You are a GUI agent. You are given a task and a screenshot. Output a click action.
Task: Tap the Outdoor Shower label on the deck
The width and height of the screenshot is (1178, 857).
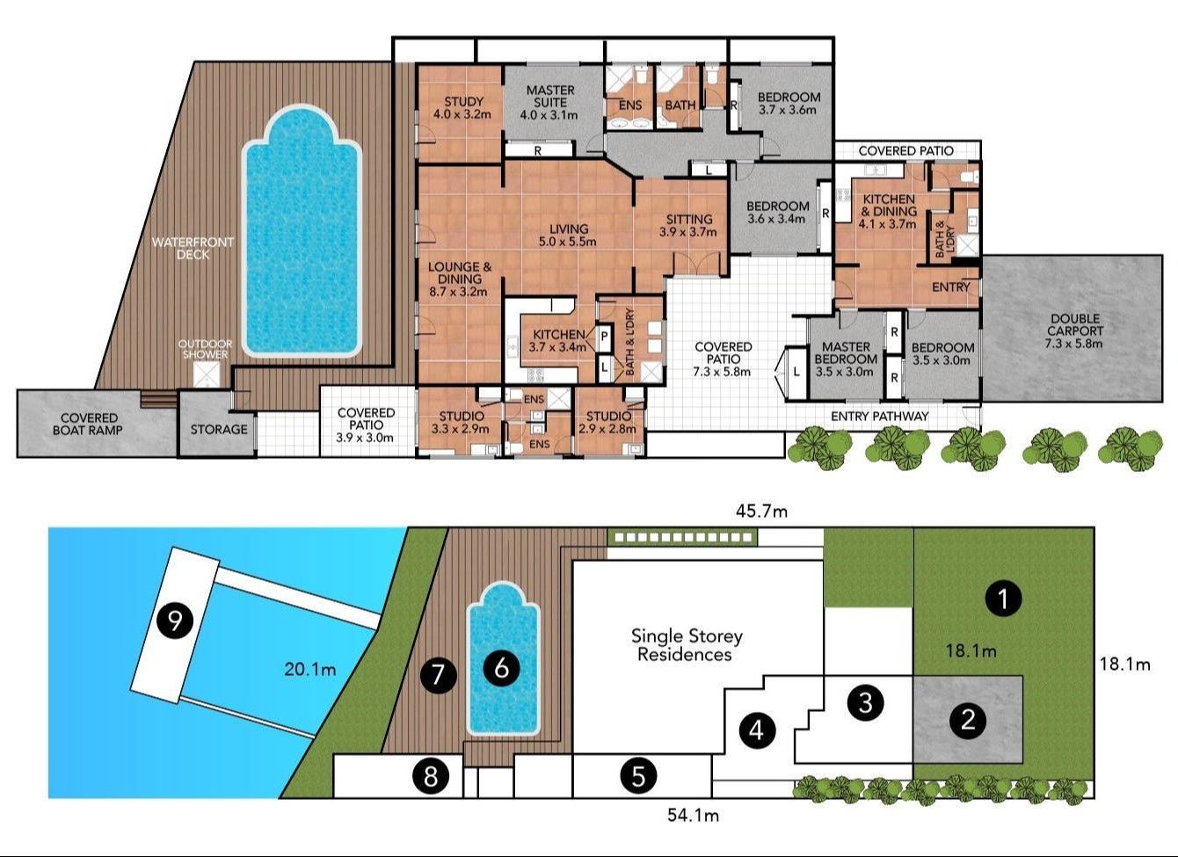click(x=205, y=349)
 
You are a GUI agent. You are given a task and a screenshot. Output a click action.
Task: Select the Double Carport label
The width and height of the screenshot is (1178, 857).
click(x=1074, y=330)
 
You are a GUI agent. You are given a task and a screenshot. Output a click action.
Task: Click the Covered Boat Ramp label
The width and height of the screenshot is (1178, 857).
click(x=88, y=424)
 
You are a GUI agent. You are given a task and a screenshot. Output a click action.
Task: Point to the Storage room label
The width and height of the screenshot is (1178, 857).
click(x=219, y=430)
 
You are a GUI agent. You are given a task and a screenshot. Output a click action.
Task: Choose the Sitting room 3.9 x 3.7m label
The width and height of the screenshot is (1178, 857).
click(x=688, y=226)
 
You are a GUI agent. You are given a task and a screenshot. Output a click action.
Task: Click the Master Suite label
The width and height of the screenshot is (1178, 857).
click(x=550, y=103)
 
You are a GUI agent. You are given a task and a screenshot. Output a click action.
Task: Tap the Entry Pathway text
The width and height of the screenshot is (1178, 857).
click(x=879, y=417)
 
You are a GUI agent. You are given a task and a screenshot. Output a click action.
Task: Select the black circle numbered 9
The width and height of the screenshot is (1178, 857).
click(x=175, y=621)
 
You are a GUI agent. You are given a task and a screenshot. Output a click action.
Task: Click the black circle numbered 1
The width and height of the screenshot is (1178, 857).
click(x=1003, y=598)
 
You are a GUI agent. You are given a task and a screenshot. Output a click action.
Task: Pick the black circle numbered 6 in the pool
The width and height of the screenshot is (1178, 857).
click(x=502, y=668)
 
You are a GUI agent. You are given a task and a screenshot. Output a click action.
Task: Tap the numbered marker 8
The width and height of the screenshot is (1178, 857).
click(x=431, y=776)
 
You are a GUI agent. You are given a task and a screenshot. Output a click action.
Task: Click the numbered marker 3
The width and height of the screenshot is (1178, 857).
click(x=866, y=702)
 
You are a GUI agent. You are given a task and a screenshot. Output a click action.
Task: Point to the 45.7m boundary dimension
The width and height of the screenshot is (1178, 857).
click(x=761, y=511)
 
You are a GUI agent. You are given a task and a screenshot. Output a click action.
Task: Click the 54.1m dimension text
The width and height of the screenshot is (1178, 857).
click(x=693, y=815)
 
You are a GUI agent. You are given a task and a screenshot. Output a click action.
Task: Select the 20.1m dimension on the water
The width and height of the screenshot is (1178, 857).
click(x=310, y=669)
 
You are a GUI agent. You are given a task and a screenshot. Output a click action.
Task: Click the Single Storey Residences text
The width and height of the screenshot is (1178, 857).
click(x=687, y=645)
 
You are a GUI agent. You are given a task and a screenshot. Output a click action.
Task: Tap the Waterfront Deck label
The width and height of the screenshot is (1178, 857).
click(x=193, y=248)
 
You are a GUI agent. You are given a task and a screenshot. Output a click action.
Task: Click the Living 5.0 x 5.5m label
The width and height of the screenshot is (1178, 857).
click(x=568, y=235)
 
